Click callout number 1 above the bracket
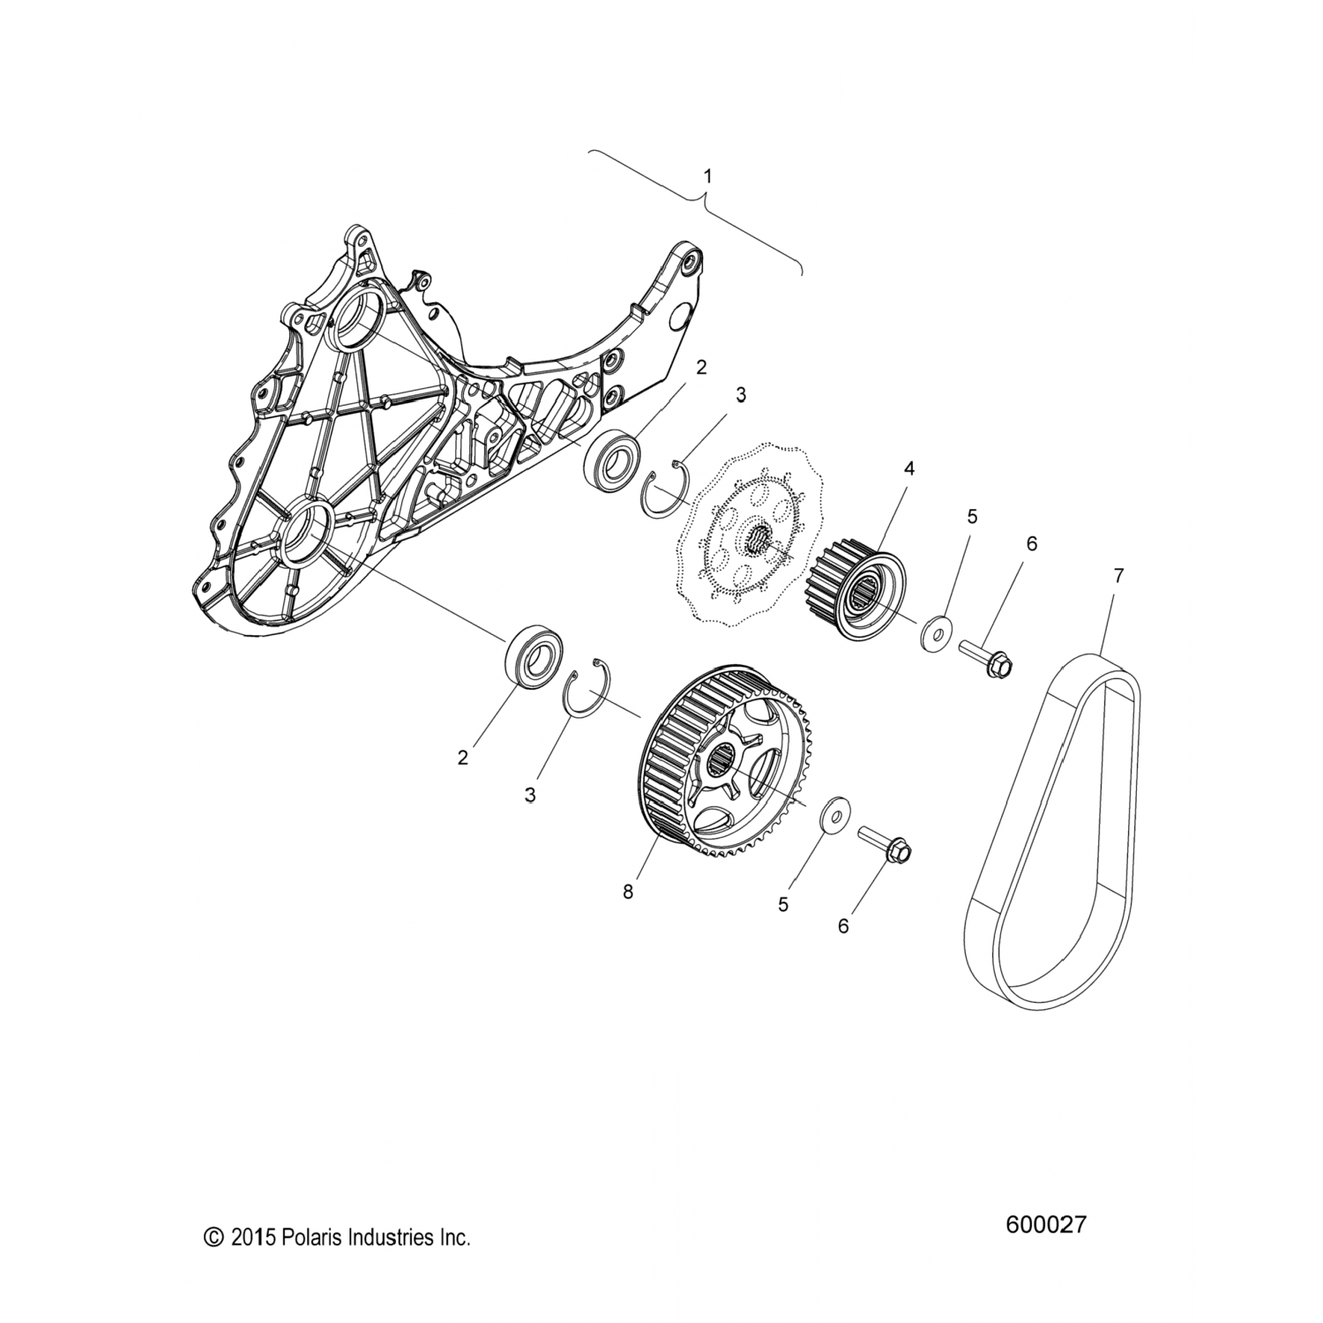(x=706, y=176)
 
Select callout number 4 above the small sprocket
(x=908, y=468)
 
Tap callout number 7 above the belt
(x=1118, y=576)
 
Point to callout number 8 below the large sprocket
(x=628, y=892)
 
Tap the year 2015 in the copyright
(x=253, y=1238)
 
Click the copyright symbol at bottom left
(x=213, y=1238)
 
